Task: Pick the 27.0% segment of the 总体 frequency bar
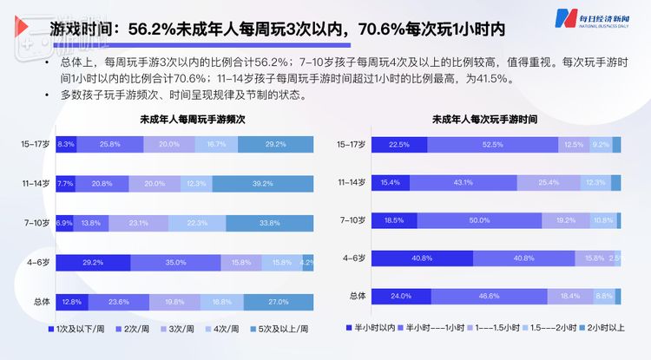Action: click(279, 302)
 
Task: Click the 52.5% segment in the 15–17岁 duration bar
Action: click(492, 144)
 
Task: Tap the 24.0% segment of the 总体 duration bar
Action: click(401, 297)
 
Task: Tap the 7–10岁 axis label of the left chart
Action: click(36, 223)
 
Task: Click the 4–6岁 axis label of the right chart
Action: click(352, 259)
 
